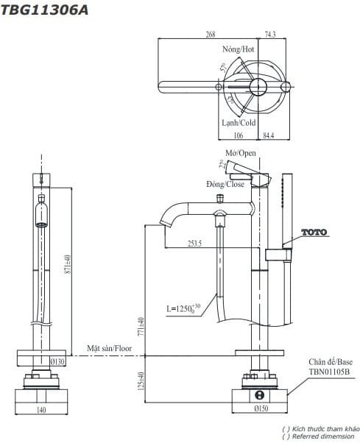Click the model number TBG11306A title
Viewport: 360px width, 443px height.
pos(38,9)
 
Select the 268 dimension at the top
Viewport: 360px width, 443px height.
pos(210,34)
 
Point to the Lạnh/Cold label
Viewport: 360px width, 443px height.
pos(239,123)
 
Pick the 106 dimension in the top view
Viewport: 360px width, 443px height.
pos(238,134)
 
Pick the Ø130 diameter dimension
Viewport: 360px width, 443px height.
pos(57,361)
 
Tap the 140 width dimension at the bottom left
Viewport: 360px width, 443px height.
pos(42,411)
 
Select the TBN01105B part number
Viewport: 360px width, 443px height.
pos(326,372)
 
